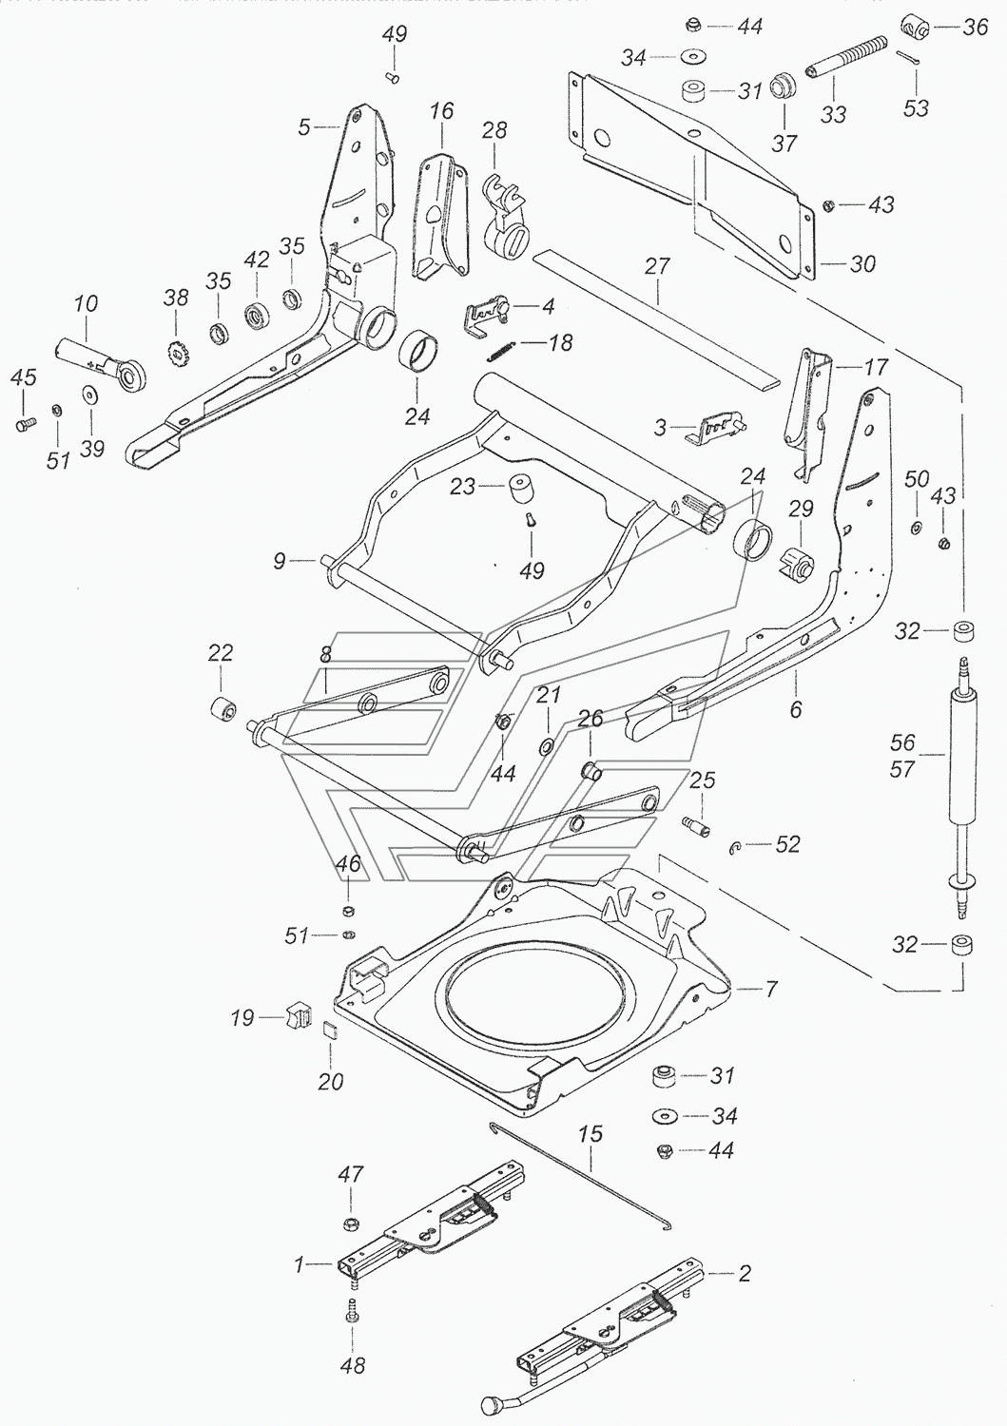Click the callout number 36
click(x=975, y=28)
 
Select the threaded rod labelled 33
click(x=846, y=57)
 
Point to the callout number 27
click(x=657, y=267)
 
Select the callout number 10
click(x=87, y=305)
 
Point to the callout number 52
click(x=788, y=844)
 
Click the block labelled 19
click(x=298, y=1016)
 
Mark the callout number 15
click(x=590, y=1134)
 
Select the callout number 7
click(x=770, y=990)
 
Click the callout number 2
click(x=745, y=1272)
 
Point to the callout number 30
click(x=862, y=263)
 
